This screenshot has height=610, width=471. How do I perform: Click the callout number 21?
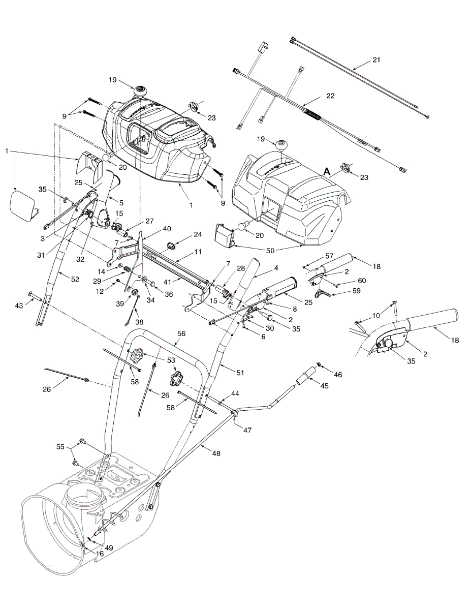click(x=375, y=60)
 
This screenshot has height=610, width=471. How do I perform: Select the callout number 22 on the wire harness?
click(x=330, y=96)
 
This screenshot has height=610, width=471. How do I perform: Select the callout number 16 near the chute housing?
click(x=100, y=553)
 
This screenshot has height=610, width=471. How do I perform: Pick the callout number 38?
click(x=139, y=322)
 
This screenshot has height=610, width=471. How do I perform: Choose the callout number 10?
click(x=375, y=316)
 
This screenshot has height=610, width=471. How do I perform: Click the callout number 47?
click(x=247, y=430)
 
